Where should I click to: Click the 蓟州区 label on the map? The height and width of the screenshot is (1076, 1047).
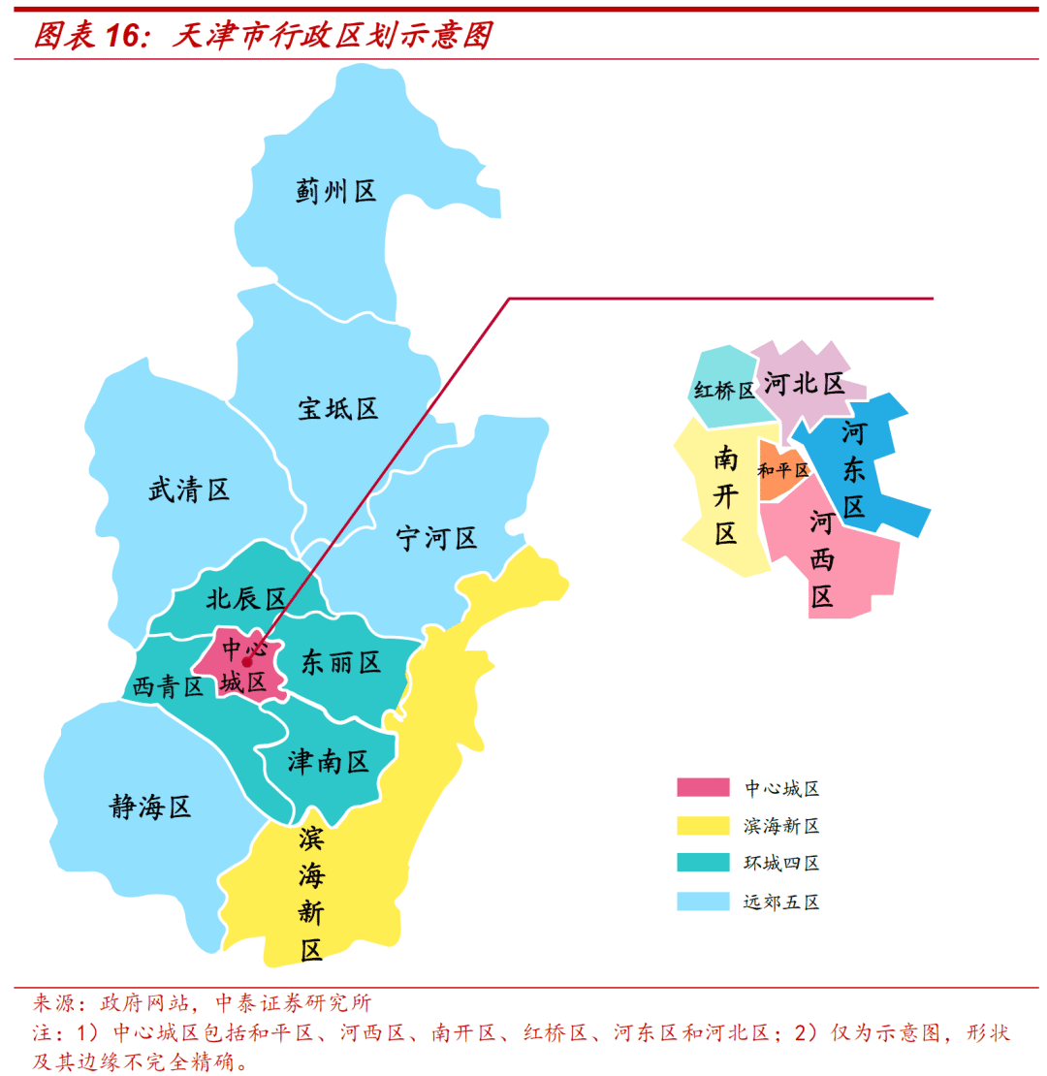point(335,191)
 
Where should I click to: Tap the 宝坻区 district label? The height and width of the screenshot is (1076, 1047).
point(337,409)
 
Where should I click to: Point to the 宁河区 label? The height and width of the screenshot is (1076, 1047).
point(437,538)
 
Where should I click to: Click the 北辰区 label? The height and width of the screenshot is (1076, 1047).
point(245,599)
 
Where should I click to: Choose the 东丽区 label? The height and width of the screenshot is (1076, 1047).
point(340,662)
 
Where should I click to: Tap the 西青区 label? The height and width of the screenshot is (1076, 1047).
point(168,687)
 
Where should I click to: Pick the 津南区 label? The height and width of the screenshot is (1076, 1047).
point(329,762)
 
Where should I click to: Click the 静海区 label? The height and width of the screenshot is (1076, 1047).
point(150,807)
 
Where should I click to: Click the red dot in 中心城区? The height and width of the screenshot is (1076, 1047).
point(247,662)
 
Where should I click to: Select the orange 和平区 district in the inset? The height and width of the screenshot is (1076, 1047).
point(780,470)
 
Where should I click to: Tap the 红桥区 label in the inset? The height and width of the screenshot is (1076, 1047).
point(724,391)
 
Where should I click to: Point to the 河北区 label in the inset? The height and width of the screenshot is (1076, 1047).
point(804,384)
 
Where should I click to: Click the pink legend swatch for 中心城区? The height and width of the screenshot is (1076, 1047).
point(703,788)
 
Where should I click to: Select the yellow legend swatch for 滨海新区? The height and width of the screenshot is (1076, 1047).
point(703,826)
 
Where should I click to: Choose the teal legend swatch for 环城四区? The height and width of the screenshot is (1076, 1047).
point(703,863)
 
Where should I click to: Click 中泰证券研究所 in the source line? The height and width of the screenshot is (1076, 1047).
point(292,1002)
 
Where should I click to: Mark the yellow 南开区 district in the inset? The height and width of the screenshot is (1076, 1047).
point(726,494)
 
